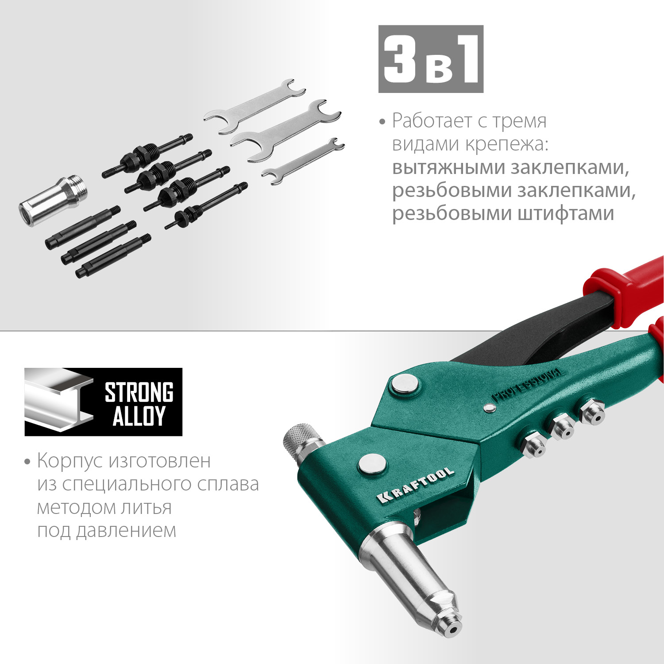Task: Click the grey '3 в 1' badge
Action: coord(431,59)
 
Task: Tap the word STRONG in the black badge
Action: coord(139,393)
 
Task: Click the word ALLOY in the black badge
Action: coord(139,416)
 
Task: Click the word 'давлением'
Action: coord(126,530)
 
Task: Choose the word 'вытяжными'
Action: coord(448,167)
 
